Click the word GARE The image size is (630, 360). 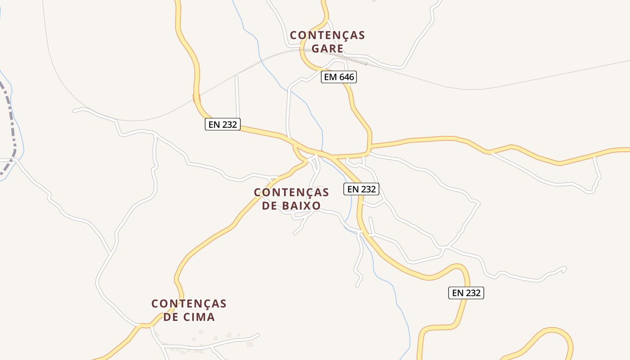pyautogui.click(x=327, y=49)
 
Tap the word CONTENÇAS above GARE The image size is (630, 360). pyautogui.click(x=327, y=35)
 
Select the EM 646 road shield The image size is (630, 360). pyautogui.click(x=339, y=77)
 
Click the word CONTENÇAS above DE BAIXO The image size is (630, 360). pyautogui.click(x=292, y=193)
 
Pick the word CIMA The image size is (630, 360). pyautogui.click(x=198, y=317)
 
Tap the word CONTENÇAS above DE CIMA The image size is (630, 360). pyautogui.click(x=189, y=304)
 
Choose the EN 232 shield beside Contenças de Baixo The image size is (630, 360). pyautogui.click(x=361, y=189)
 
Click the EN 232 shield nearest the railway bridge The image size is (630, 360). pyautogui.click(x=223, y=124)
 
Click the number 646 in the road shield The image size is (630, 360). pyautogui.click(x=346, y=77)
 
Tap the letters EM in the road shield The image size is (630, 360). pyautogui.click(x=330, y=77)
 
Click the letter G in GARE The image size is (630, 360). pyautogui.click(x=315, y=49)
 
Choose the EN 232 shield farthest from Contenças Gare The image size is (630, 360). pyautogui.click(x=466, y=293)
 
